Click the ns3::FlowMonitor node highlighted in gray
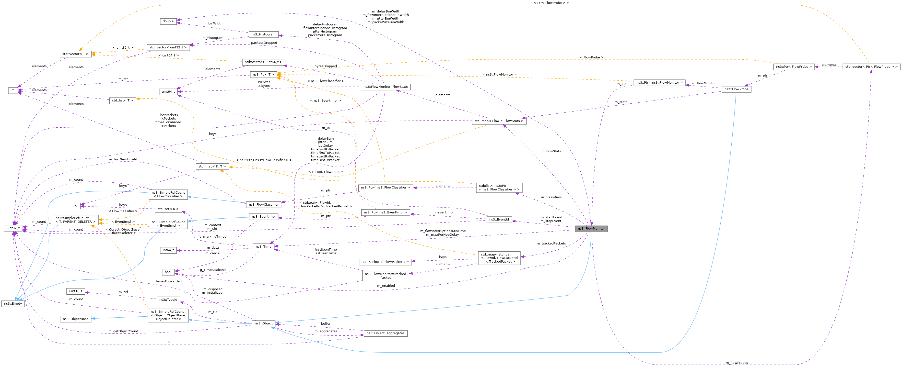pos(591,229)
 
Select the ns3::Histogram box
pos(263,34)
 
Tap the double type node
pos(168,21)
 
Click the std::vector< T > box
pos(75,54)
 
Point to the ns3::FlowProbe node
pos(736,89)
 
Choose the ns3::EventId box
pos(499,219)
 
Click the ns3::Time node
pos(263,247)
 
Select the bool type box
pos(168,272)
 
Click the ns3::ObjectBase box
pos(75,319)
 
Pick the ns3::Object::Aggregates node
pos(385,333)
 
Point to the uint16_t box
pos(76,291)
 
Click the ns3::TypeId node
pos(168,299)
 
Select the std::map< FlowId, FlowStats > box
pos(499,121)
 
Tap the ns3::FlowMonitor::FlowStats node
pos(385,87)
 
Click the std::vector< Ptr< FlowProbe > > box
pos(871,67)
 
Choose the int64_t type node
pos(168,250)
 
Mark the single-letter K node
pos(76,206)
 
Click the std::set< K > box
pos(168,209)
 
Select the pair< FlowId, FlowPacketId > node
pos(385,262)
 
